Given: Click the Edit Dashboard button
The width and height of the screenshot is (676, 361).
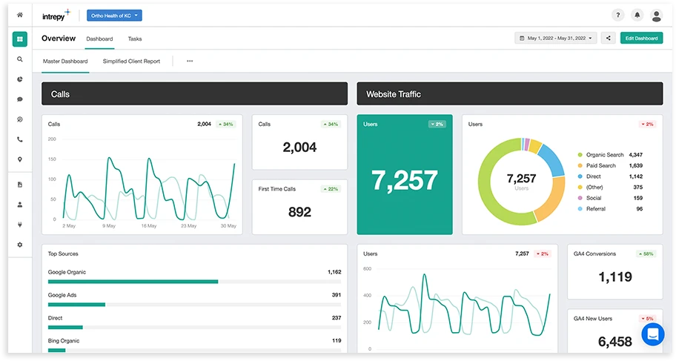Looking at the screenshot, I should coord(641,38).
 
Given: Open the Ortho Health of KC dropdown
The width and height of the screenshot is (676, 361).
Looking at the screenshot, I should coord(114,15).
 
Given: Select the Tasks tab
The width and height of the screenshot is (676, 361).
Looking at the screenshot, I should coord(134,39).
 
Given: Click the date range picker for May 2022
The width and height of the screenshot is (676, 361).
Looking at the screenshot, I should coord(556,38).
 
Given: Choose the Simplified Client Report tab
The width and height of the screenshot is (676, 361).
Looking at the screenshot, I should coord(131,62).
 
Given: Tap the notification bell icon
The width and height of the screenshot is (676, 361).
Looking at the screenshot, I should coord(637,15).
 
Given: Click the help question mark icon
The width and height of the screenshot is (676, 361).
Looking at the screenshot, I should coord(618,15).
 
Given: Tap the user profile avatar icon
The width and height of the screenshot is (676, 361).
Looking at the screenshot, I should coord(656,15).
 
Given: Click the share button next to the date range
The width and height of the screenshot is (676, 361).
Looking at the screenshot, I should coord(608,38).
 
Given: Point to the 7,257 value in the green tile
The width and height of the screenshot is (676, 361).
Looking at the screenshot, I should coord(405,180).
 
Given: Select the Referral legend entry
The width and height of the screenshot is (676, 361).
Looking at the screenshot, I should coord(595,209).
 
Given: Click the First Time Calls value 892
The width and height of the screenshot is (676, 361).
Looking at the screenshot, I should coord(299,212).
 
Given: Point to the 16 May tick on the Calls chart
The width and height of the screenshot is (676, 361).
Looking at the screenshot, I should coord(150,225).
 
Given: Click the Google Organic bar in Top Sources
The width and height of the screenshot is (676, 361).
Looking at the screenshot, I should coord(133,282).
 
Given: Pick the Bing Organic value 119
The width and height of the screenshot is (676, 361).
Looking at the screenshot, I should coord(336,341).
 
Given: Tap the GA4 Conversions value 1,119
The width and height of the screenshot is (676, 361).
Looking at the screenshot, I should coord(614,277).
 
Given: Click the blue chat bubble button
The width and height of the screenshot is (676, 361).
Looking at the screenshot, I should coord(653,335).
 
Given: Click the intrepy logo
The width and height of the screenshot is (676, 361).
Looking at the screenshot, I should coord(56,15).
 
